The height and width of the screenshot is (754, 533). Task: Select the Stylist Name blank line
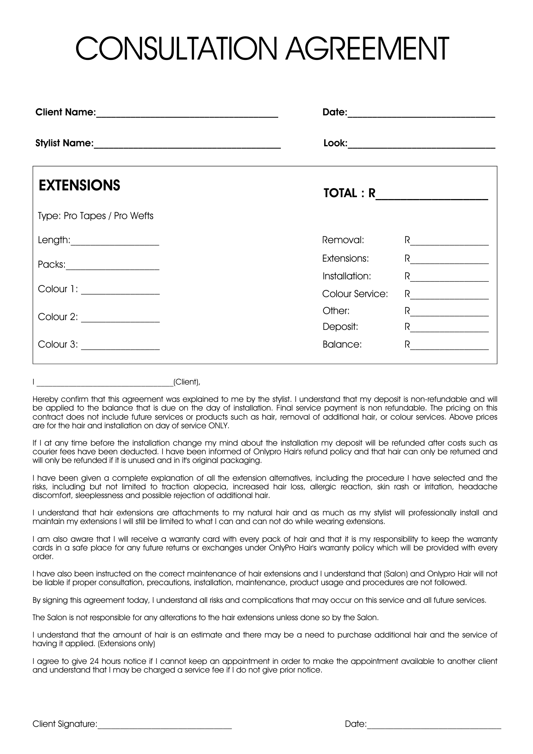pos(187,147)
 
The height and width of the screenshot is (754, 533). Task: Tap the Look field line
pos(421,147)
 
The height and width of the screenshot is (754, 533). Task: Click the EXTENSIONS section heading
pos(79,185)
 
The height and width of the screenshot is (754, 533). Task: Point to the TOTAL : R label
pos(349,193)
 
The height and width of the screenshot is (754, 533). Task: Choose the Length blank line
pos(115,244)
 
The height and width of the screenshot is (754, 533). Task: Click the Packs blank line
pos(112,268)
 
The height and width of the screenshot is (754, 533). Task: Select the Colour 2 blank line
pos(120,321)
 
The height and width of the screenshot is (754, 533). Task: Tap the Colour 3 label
pos(58,345)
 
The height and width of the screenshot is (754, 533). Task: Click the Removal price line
pos(450,244)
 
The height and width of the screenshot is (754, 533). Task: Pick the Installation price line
pos(450,280)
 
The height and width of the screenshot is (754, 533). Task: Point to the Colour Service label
pos(355,294)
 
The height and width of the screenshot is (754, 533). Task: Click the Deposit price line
pos(450,331)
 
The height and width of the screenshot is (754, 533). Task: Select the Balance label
pos(342,345)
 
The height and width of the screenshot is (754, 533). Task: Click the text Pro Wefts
pos(134,216)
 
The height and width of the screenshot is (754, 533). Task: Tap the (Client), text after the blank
pos(187,382)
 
